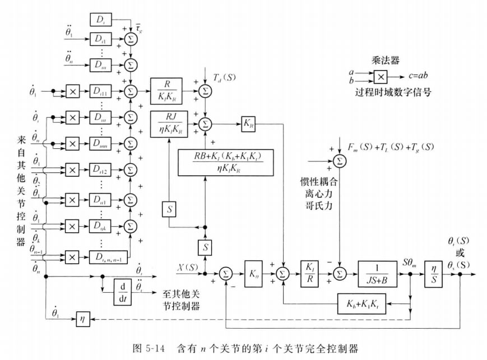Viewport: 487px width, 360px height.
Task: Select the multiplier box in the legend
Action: (380, 77)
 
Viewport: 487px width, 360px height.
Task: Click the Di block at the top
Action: (101, 21)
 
